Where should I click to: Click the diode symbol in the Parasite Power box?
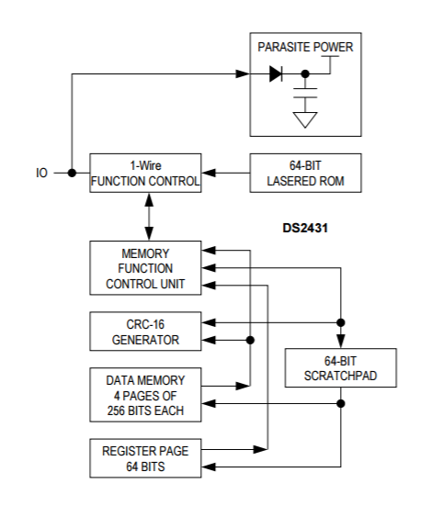tap(276, 73)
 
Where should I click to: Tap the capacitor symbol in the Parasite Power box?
tap(305, 93)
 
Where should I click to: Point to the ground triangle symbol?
tap(305, 119)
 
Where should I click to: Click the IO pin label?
tap(41, 173)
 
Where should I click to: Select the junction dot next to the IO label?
tap(72, 173)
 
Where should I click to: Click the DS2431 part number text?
tap(305, 228)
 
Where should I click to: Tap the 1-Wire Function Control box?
tap(145, 173)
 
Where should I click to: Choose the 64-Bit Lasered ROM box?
tap(305, 173)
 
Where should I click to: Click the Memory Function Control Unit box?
tap(145, 268)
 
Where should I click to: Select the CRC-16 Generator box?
tap(145, 332)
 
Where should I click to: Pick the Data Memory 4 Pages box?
tap(145, 395)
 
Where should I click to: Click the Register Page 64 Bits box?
tap(145, 458)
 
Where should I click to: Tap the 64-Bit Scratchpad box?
tap(341, 368)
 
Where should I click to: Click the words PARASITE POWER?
tap(305, 47)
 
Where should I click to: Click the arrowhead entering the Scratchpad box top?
tap(341, 342)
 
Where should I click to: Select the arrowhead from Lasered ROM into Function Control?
tap(209, 173)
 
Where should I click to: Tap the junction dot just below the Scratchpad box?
tap(341, 403)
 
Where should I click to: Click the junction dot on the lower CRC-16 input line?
tap(250, 340)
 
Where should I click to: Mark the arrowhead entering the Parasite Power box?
tap(243, 73)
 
